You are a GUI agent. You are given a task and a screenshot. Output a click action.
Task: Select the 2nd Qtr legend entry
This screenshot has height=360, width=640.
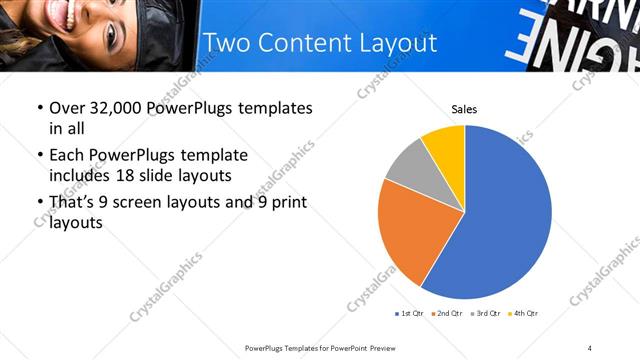pyautogui.click(x=447, y=314)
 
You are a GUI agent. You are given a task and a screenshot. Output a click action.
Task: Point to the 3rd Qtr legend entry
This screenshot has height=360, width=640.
pyautogui.click(x=485, y=314)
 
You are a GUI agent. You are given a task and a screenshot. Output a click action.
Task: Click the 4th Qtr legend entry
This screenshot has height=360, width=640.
pyautogui.click(x=523, y=314)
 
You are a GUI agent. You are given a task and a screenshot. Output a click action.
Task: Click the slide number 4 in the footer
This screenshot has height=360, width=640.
pyautogui.click(x=590, y=347)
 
